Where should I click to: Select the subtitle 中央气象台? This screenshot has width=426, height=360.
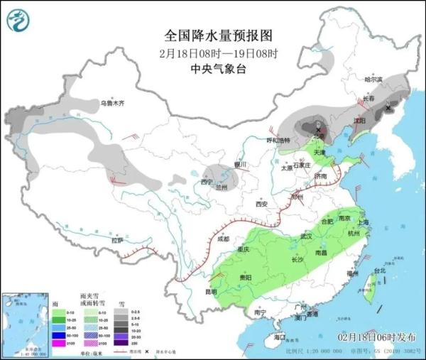point(218,69)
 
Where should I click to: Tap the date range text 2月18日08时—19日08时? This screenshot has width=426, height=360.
point(218,53)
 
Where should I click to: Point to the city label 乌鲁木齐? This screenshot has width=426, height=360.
point(111,104)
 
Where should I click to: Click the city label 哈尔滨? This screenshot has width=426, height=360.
point(373,80)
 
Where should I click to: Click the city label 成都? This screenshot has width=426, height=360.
point(224,239)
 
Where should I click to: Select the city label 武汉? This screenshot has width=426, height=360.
point(307,236)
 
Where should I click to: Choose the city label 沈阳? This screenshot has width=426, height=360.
point(361,121)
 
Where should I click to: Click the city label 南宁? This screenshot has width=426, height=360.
point(259,312)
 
